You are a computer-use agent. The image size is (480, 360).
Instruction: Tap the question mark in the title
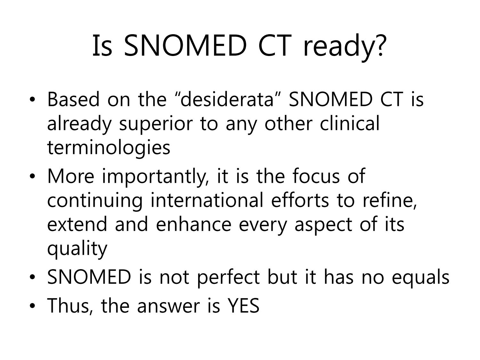378,44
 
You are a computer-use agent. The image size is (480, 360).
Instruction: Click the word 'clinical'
350,123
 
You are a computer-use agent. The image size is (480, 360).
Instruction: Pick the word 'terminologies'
109,147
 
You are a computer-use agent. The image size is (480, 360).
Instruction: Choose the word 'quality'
77,249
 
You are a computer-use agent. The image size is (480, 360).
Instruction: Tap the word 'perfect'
228,277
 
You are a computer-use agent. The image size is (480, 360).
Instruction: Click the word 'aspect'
324,225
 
